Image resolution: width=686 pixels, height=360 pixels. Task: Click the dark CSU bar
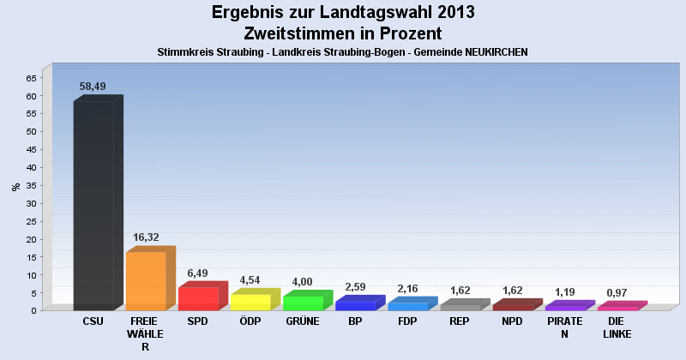click(93, 206)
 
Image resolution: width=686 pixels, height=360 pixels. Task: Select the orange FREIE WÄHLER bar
click(146, 281)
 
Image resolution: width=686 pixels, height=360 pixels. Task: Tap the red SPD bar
click(198, 298)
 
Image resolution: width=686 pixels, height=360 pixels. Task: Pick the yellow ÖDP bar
click(250, 302)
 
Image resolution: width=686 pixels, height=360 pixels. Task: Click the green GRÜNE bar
click(303, 303)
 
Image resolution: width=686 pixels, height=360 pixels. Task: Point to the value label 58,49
click(93, 87)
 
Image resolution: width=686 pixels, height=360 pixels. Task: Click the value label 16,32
click(146, 237)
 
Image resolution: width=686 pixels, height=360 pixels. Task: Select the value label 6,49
click(198, 273)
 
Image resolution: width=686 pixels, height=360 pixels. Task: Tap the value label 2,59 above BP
click(355, 287)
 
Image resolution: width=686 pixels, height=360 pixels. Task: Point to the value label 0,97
click(617, 293)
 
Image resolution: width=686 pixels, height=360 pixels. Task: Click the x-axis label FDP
click(407, 321)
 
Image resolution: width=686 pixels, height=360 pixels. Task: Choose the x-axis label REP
click(460, 321)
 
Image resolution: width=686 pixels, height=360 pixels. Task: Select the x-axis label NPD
click(513, 321)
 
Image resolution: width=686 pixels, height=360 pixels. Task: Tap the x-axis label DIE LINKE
click(617, 327)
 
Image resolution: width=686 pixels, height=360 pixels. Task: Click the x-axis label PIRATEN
click(564, 327)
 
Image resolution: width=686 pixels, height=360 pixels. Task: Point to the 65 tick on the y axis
click(31, 78)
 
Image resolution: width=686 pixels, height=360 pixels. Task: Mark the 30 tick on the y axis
click(31, 203)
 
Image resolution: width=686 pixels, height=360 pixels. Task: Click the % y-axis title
click(15, 186)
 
